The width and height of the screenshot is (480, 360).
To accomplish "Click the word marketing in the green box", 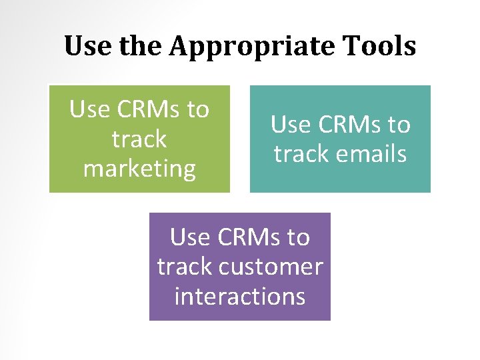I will coord(139,169).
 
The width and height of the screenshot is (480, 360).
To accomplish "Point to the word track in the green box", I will coord(139,139).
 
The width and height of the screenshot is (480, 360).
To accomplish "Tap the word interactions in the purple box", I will coord(240,296).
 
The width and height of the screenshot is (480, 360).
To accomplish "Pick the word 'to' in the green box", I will coord(196,109).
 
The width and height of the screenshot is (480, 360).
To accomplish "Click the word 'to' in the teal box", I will coord(397,125).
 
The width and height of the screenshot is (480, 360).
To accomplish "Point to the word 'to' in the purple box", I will coord(297,237).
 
